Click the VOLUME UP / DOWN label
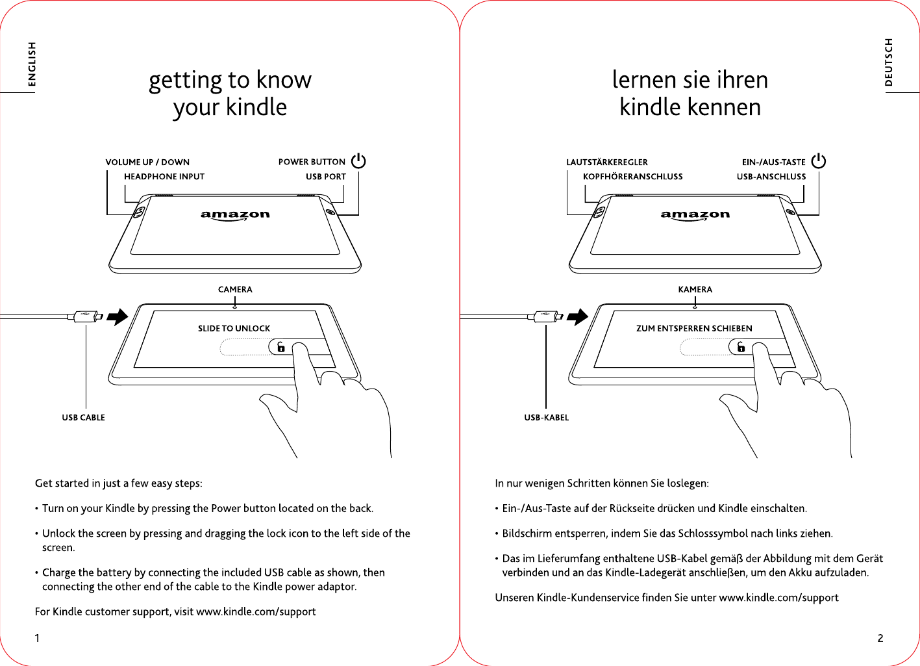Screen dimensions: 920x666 coord(147,162)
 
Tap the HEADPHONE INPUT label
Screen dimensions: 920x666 coord(164,176)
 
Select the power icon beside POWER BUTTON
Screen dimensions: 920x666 coord(358,160)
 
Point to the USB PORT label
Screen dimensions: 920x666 coord(326,176)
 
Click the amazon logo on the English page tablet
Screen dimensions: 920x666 coord(235,216)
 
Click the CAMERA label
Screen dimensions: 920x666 coord(235,289)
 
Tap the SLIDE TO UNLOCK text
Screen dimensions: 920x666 coord(234,329)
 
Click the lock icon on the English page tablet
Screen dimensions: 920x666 coord(280,347)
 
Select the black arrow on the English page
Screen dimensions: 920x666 coord(118,317)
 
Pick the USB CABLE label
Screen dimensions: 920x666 coord(83,417)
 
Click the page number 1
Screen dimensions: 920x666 coord(37,638)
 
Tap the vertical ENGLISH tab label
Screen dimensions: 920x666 coord(32,64)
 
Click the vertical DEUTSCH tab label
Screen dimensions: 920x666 coord(888,62)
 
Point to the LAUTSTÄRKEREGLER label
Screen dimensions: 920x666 coord(607,162)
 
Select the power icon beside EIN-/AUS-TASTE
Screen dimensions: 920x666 coord(819,160)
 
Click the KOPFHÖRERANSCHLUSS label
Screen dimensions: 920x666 coord(633,176)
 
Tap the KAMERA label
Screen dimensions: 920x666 coord(695,289)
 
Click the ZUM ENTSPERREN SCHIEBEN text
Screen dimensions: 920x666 coord(694,329)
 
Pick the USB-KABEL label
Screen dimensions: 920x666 coord(546,417)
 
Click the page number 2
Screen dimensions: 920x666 coord(880,638)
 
